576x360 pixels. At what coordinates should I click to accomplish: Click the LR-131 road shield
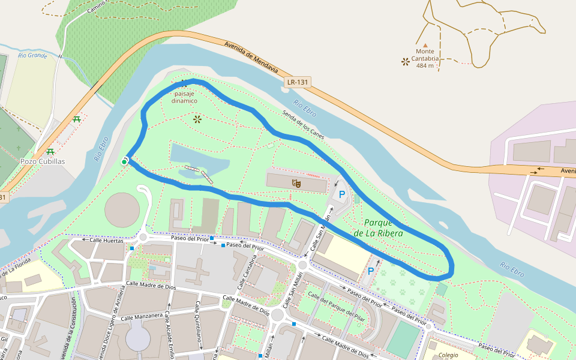click(x=298, y=82)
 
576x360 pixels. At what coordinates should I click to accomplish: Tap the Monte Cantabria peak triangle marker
click(x=425, y=45)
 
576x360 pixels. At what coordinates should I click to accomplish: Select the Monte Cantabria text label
click(x=425, y=59)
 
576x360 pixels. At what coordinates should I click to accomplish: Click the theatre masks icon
click(x=296, y=183)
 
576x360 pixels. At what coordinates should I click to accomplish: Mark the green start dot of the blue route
click(x=124, y=161)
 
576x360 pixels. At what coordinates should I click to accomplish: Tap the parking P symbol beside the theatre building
click(x=342, y=194)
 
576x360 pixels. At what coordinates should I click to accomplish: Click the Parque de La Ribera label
click(x=378, y=227)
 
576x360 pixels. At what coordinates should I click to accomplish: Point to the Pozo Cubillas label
click(x=43, y=161)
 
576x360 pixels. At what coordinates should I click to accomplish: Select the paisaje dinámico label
click(x=184, y=97)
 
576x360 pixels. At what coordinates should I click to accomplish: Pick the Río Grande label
click(x=32, y=55)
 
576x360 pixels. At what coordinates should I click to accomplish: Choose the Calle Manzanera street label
click(x=142, y=316)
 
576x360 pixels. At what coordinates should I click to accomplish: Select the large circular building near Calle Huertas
click(x=122, y=210)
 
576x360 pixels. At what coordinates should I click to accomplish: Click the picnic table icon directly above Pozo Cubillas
click(x=50, y=151)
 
